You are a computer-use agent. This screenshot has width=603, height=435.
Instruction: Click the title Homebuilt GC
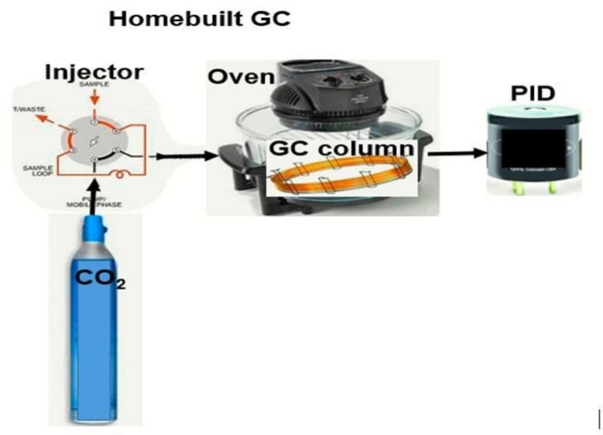pyautogui.click(x=199, y=19)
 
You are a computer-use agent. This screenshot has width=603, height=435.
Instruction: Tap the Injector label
pyautogui.click(x=94, y=72)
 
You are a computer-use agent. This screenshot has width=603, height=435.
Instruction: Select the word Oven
pyautogui.click(x=241, y=77)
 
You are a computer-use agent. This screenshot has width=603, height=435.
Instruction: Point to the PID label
pyautogui.click(x=532, y=93)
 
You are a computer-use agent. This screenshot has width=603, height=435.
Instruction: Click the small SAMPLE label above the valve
pyautogui.click(x=95, y=84)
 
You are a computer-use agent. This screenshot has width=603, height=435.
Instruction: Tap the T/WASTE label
pyautogui.click(x=29, y=109)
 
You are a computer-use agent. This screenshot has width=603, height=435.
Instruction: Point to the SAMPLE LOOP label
pyautogui.click(x=38, y=170)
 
